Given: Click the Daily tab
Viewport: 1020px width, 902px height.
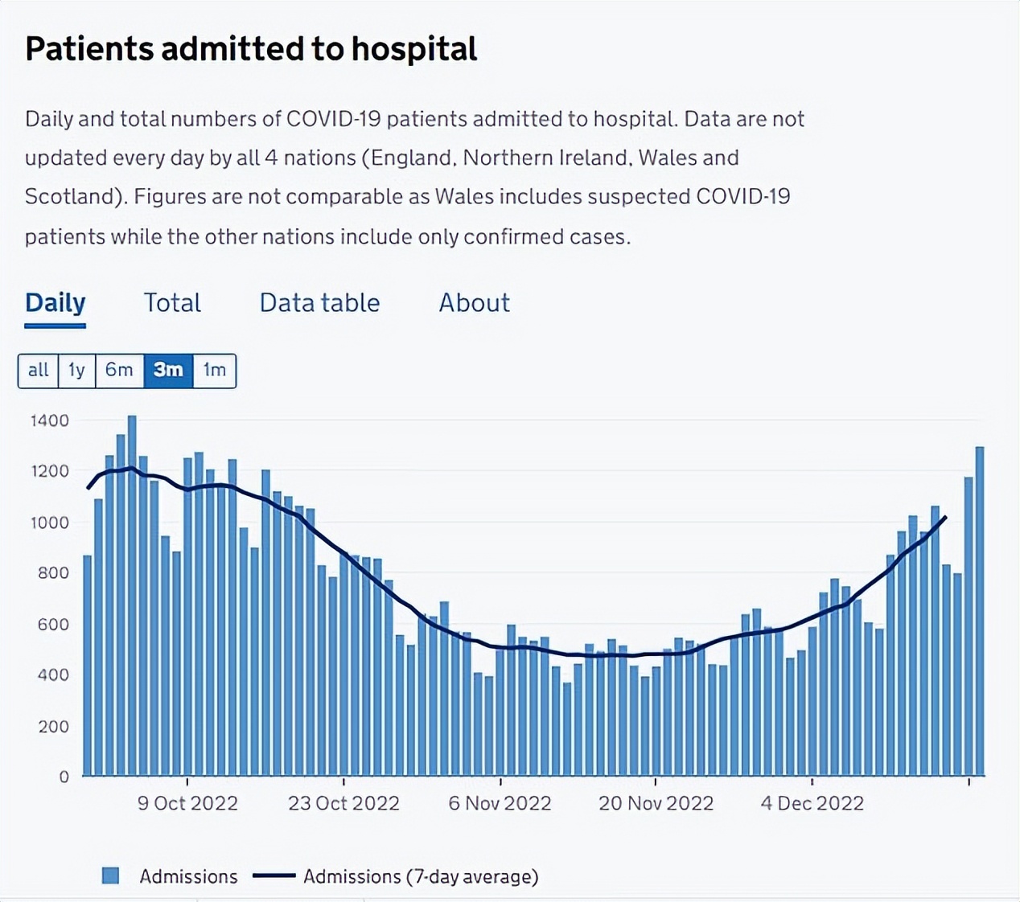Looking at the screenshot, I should click(55, 303).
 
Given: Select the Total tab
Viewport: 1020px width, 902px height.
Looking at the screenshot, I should click(172, 303).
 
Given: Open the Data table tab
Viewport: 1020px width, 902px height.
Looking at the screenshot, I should click(319, 303).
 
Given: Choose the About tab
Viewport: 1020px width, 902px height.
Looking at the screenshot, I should click(474, 303).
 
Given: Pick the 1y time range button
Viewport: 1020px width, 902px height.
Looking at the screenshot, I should click(76, 370).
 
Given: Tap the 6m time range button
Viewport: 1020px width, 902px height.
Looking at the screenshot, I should click(119, 370).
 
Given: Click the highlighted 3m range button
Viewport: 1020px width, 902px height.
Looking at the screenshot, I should click(168, 370).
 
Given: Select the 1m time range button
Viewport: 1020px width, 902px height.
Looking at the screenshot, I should click(214, 370).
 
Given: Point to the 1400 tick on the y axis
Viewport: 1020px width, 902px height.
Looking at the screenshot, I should click(50, 420).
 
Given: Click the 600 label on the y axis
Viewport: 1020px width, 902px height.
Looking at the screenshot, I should click(53, 625).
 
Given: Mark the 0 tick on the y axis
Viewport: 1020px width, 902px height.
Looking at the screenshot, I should click(64, 777).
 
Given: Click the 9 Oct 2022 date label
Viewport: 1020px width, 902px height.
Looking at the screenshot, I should click(187, 803).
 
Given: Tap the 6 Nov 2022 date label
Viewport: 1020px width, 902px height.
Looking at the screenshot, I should click(500, 803).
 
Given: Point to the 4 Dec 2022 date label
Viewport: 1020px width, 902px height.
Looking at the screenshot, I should click(812, 803).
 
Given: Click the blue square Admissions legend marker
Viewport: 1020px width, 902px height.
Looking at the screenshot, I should click(111, 875).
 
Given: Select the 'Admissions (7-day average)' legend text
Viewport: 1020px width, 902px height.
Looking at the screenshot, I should click(421, 876).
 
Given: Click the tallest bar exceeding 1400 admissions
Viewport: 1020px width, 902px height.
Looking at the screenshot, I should click(132, 595).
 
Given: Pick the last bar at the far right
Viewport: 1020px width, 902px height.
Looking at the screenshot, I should click(980, 611).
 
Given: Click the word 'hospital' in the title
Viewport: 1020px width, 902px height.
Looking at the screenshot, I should click(413, 49).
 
